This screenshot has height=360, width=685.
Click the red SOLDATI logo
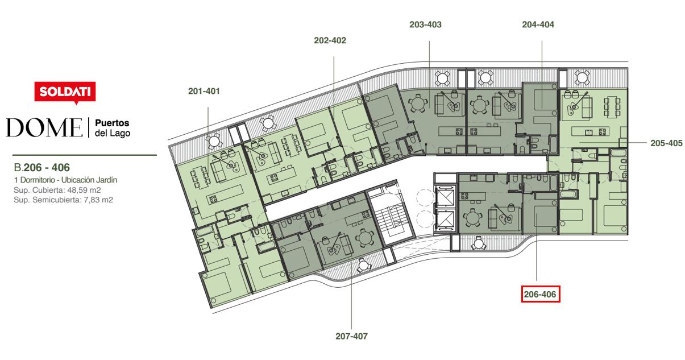pyautogui.click(x=65, y=92)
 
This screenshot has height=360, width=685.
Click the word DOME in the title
pyautogui.click(x=44, y=127)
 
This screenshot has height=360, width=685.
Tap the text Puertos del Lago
pyautogui.click(x=112, y=128)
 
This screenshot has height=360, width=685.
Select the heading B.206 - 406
pyautogui.click(x=42, y=168)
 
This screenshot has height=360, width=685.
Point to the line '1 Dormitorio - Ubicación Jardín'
pyautogui.click(x=65, y=180)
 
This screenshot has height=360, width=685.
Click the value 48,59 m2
pyautogui.click(x=84, y=190)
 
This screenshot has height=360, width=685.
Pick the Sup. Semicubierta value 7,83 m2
pyautogui.click(x=98, y=200)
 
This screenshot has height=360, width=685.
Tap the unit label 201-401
pyautogui.click(x=204, y=91)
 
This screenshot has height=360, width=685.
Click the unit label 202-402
pyautogui.click(x=330, y=40)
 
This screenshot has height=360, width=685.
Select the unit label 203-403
pyautogui.click(x=425, y=24)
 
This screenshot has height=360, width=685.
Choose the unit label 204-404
pyautogui.click(x=538, y=24)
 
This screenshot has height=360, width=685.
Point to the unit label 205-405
pyautogui.click(x=666, y=143)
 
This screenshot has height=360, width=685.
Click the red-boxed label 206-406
pyautogui.click(x=541, y=294)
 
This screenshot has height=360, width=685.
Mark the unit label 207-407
pyautogui.click(x=351, y=336)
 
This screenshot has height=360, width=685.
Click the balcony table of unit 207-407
pyautogui.click(x=363, y=264)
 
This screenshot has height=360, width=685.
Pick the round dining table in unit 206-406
pyautogui.click(x=472, y=218)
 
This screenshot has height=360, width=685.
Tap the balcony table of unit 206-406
pyautogui.click(x=478, y=244)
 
